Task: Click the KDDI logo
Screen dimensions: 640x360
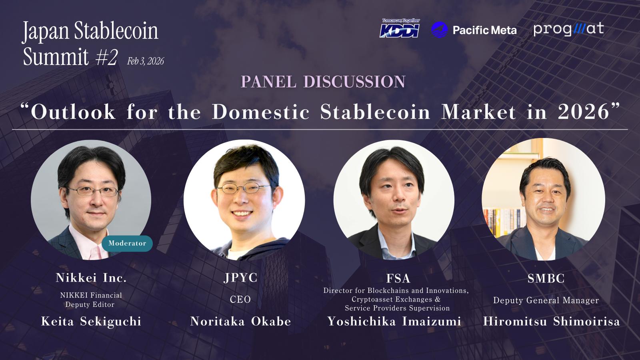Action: tap(400, 28)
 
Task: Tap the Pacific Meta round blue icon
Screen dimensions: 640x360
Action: tap(440, 30)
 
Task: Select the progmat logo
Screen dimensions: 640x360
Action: tap(568, 30)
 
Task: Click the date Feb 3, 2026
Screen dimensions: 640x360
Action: tap(146, 61)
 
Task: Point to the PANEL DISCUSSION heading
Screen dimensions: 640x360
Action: tap(323, 82)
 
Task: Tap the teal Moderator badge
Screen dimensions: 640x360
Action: tap(127, 244)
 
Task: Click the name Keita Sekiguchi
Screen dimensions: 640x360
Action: tap(91, 322)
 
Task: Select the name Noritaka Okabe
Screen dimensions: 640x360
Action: tap(240, 322)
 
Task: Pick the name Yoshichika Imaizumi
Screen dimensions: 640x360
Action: tap(394, 322)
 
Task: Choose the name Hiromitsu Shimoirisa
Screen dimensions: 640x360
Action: tap(552, 322)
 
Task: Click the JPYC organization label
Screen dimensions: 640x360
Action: tap(240, 278)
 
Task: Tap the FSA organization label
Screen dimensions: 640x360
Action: tap(398, 278)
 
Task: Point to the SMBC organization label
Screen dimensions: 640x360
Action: tap(546, 278)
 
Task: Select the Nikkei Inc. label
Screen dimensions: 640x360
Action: tap(91, 278)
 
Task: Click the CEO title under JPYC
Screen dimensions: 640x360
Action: tap(240, 300)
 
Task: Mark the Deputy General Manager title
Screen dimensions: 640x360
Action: tap(546, 300)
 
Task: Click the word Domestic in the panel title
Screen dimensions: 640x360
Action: tap(260, 112)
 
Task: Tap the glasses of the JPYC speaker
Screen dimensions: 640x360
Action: tap(244, 188)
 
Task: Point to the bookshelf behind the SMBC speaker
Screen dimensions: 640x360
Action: tap(504, 222)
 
